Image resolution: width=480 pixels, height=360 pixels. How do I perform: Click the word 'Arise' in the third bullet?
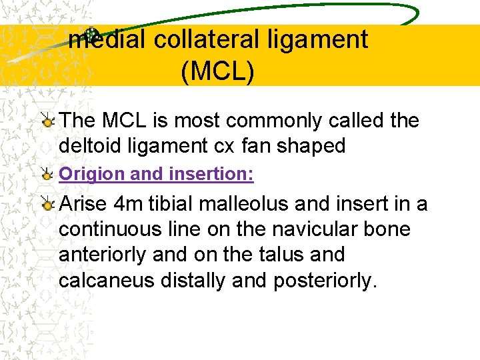[83, 203]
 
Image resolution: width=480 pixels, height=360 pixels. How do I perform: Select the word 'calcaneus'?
[107, 281]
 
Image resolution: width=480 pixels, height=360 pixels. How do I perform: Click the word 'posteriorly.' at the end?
[325, 281]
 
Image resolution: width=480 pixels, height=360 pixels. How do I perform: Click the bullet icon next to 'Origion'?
[47, 175]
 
